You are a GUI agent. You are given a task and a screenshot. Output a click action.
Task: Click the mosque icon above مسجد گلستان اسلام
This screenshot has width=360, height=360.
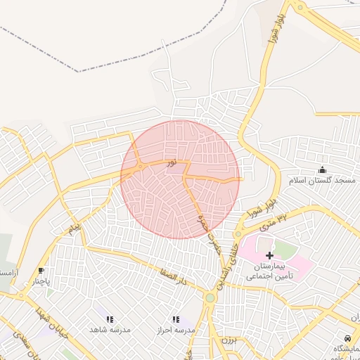point(323,169)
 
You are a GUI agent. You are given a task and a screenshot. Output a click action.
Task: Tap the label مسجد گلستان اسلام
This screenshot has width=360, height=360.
point(322,181)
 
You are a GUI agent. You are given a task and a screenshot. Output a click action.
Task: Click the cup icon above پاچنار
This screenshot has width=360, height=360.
point(41,270)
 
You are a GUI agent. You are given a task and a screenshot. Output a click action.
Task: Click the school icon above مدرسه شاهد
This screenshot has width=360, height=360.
point(109,319)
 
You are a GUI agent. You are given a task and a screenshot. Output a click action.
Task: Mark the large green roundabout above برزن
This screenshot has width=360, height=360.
point(210,298)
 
